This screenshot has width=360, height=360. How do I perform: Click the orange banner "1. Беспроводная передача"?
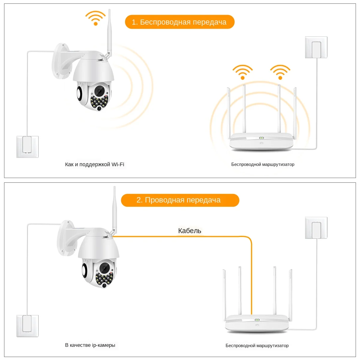179,22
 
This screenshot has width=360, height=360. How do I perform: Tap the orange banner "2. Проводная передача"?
180,200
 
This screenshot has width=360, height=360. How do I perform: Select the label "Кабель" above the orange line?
190,231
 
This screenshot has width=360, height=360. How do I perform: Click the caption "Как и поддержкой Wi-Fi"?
94,164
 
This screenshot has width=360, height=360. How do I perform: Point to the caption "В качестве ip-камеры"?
90,345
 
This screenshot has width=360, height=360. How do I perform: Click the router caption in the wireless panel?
262,164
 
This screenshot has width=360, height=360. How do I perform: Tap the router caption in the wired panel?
257,346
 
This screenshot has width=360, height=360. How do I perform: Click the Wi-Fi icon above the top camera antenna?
95,18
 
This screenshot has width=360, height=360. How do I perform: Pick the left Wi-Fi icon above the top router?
242,72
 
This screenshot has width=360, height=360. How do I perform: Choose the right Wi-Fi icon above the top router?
280,72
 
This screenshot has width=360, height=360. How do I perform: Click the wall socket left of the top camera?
28,146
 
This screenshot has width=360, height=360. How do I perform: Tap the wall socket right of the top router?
316,47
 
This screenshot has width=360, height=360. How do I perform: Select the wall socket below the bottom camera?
28,325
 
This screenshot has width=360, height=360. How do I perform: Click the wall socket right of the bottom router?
316,228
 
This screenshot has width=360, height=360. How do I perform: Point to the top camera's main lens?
99,91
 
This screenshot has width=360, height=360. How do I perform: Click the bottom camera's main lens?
105,267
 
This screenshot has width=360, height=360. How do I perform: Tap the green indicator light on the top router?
261,138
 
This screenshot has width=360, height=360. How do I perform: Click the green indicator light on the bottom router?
257,320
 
